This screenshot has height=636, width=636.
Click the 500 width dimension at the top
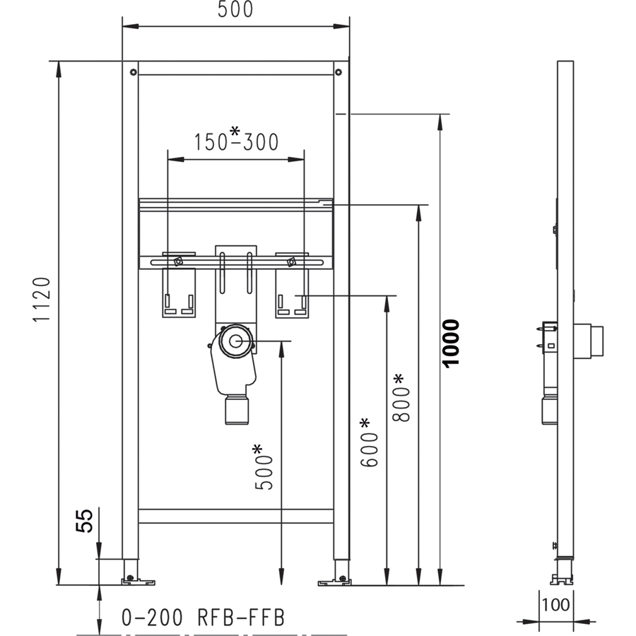[x=235, y=9]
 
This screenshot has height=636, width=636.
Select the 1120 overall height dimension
[x=42, y=300]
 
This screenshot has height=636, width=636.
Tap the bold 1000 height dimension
[x=451, y=343]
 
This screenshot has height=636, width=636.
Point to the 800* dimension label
[x=401, y=397]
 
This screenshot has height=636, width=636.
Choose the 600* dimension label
[x=368, y=442]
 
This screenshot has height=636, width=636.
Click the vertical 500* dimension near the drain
[x=263, y=467]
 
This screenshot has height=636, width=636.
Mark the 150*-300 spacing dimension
[x=236, y=139]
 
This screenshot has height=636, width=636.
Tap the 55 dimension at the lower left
[x=84, y=520]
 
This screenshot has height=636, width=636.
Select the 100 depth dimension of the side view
[x=555, y=605]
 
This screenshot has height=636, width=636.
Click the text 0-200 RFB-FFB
[x=204, y=618]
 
